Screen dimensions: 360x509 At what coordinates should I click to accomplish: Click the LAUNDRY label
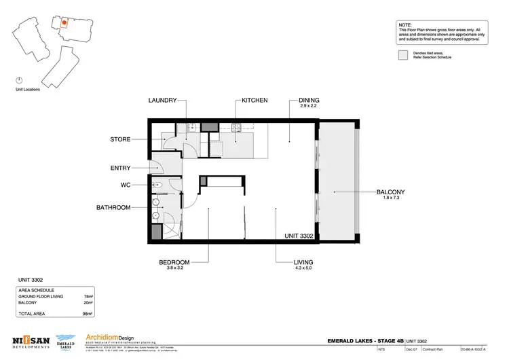(163, 101)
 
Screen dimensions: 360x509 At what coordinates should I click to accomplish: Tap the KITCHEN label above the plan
(254, 101)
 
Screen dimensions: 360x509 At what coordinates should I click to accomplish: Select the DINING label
(309, 101)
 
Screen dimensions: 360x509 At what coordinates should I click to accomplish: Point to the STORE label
(120, 140)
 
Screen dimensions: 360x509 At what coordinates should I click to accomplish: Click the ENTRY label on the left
(120, 168)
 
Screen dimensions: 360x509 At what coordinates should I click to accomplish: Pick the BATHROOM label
(114, 207)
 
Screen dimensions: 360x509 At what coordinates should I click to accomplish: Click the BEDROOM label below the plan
(174, 262)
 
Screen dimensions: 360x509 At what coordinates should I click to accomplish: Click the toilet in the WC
(158, 185)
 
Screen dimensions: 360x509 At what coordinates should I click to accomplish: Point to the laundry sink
(192, 126)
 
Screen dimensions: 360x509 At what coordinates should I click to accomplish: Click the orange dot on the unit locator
(63, 22)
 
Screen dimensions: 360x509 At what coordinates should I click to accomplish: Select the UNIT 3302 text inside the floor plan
(300, 236)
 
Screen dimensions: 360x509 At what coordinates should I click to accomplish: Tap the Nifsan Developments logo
(30, 342)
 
